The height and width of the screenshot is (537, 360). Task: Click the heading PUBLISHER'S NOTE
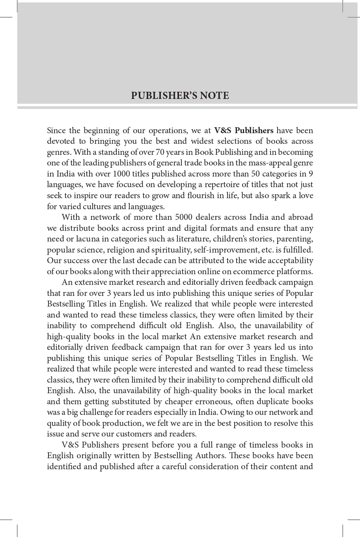[180, 96]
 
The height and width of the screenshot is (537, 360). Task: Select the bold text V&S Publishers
[244, 130]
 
